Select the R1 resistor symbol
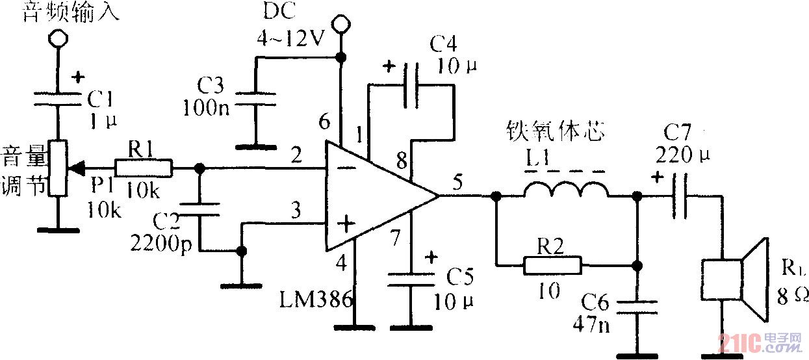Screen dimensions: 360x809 tap(144, 169)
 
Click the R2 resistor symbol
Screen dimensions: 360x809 tap(552, 264)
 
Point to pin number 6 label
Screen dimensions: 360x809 tap(324, 122)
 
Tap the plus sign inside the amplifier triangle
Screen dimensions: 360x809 tap(346, 225)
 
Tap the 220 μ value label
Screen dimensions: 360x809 tap(684, 156)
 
